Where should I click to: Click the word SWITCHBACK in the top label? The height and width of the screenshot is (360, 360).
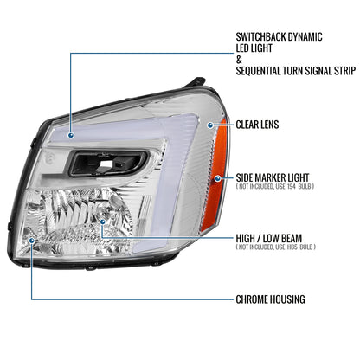260,37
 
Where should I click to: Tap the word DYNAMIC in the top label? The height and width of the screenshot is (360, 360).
305,37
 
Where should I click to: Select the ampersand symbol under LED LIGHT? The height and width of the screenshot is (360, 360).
239,60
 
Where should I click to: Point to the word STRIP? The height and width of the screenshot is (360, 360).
345,71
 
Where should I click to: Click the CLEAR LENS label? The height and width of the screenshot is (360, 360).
257,125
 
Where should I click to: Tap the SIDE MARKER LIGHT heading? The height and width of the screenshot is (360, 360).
273,177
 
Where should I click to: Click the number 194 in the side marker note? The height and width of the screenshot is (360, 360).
292,186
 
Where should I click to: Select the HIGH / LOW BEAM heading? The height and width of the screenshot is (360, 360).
269,239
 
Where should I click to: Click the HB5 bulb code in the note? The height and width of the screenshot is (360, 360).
292,247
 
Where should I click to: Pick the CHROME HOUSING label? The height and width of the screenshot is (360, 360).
270,299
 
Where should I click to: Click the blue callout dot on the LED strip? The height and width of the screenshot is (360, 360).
71,135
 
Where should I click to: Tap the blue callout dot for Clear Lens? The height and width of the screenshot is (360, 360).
210,125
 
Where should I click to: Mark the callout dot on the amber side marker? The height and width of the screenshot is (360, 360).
218,178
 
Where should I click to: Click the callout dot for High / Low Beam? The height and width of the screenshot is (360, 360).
102,222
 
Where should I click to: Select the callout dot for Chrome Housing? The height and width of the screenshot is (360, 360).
32,240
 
